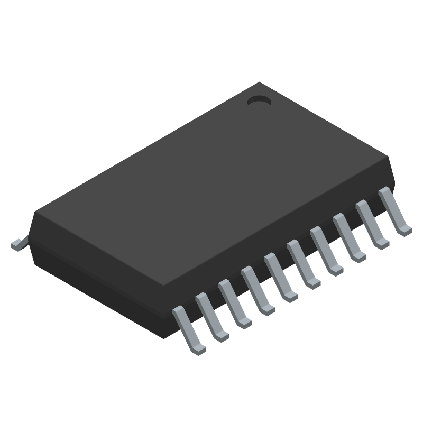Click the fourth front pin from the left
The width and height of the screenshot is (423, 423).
(256, 292)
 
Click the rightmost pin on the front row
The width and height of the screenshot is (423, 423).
(393, 213)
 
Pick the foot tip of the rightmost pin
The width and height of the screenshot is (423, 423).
(406, 230)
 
